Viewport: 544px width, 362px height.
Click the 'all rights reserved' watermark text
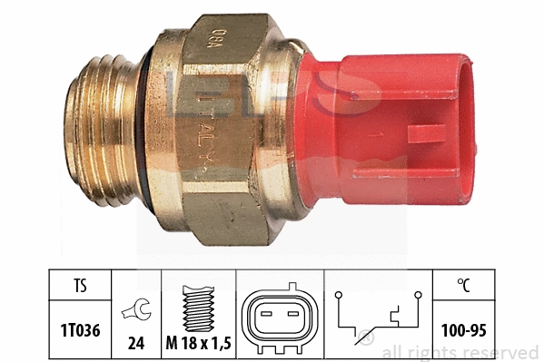(x=460, y=352)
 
